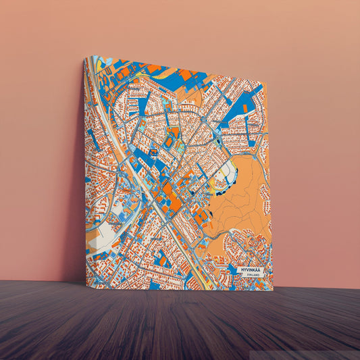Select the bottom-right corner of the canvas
tap(272, 290)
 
